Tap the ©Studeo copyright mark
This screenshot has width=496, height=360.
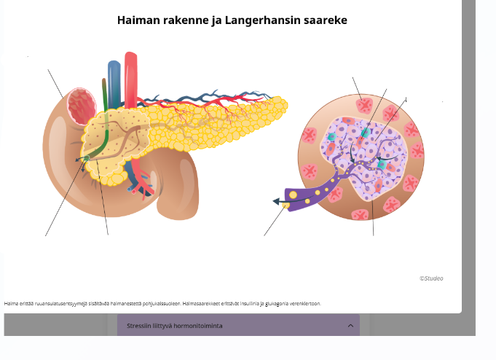[x=431, y=278]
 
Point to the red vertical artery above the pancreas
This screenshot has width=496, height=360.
[x=131, y=73]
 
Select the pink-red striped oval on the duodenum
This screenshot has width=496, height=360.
[x=82, y=106]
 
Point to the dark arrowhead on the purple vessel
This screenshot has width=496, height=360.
[x=278, y=201]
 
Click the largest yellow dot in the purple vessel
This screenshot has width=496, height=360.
[x=293, y=195]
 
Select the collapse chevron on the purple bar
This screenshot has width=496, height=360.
[x=350, y=326]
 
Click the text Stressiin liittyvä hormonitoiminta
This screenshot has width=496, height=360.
[x=174, y=326]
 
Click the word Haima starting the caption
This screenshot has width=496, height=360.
[x=10, y=303]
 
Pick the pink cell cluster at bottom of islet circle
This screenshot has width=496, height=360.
[x=360, y=214]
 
